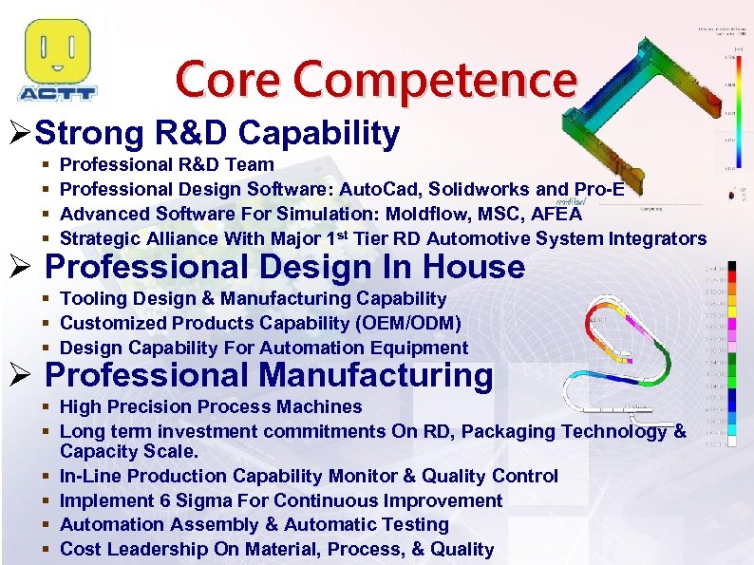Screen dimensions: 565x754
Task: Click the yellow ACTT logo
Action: (57, 60)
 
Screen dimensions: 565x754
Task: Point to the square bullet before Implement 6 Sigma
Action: (47, 500)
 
